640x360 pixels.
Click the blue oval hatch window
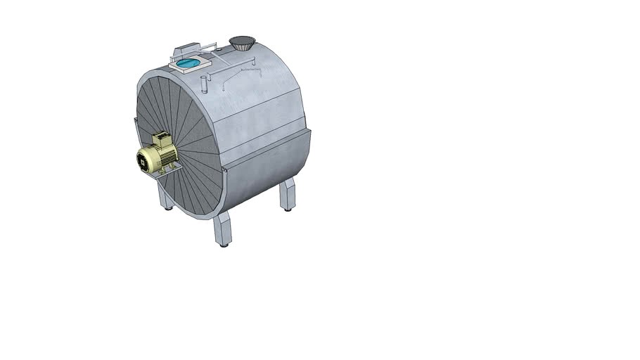(x=187, y=64)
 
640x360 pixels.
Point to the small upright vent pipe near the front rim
(x=204, y=84)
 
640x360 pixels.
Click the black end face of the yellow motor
(x=144, y=161)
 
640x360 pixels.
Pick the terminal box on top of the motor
(x=162, y=139)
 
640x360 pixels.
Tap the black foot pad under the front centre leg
(x=224, y=245)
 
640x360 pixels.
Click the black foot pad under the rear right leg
(x=288, y=209)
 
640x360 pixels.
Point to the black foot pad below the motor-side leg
(x=169, y=208)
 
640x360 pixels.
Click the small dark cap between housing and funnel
(x=217, y=49)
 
